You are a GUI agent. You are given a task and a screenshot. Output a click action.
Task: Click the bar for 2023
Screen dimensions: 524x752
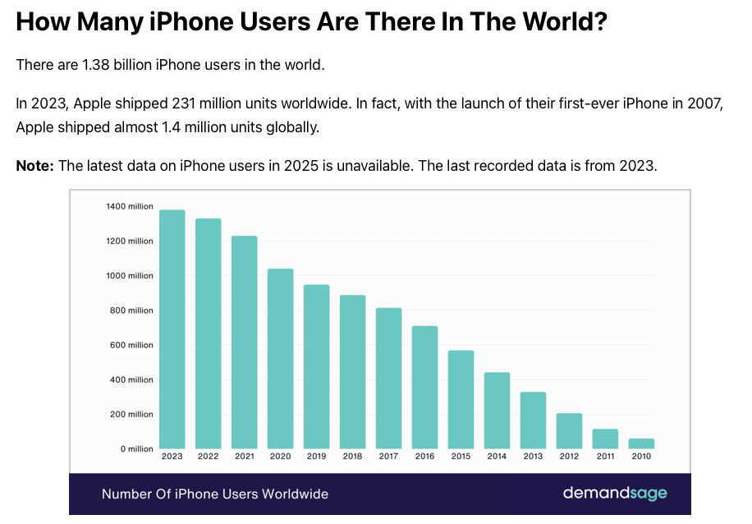172,329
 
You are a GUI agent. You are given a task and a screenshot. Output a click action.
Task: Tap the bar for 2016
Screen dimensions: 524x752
424,387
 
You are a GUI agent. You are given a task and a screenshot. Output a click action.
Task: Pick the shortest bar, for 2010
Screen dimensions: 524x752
641,444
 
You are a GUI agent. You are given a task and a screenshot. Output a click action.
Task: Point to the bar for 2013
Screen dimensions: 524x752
533,420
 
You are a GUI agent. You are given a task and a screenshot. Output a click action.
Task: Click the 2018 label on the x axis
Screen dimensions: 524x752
352,457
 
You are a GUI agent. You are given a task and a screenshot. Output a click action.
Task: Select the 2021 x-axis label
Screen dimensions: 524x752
244,457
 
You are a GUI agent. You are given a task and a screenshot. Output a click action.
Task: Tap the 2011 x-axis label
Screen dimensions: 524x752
605,457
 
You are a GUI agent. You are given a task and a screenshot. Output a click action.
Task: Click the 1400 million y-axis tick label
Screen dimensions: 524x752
129,207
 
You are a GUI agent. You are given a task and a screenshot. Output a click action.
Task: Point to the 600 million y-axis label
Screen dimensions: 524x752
129,346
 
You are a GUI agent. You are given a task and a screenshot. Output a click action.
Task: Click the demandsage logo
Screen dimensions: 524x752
615,494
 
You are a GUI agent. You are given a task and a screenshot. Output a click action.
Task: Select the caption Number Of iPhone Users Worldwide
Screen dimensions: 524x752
215,494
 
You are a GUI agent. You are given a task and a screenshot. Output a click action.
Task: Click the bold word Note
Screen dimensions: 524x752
34,166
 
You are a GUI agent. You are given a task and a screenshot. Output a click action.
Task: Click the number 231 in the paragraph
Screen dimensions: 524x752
185,103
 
